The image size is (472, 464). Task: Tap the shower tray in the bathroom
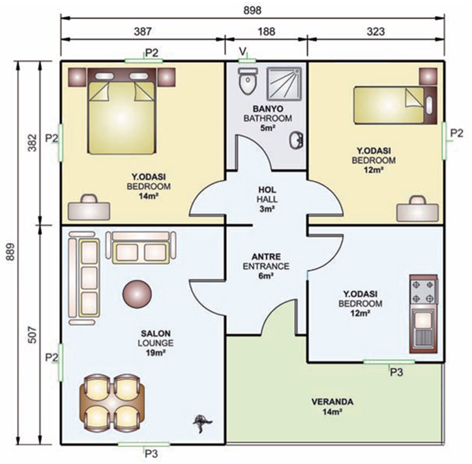284,84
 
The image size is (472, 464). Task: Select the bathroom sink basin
296,141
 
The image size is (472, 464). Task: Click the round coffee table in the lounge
137,294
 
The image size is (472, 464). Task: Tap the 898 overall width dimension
252,10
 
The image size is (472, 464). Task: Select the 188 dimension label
266,31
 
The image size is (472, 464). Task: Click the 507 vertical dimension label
32,335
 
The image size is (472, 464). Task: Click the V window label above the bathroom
243,51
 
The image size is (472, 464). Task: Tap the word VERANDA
332,402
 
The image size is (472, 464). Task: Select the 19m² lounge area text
156,353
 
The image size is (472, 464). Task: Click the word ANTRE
266,257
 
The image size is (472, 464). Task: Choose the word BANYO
268,109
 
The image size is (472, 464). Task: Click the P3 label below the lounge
152,454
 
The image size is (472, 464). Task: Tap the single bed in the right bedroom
395,105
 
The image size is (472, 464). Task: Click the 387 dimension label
143,31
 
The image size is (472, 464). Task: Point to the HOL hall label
267,190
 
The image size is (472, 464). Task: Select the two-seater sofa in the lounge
141,247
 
